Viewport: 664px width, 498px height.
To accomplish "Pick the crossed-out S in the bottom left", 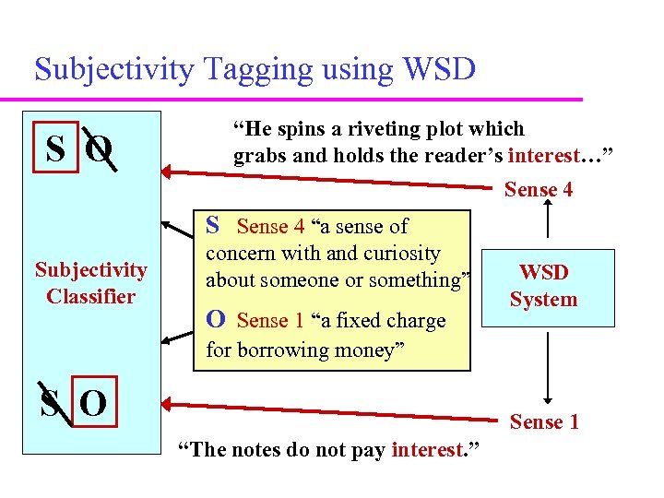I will point(52,403).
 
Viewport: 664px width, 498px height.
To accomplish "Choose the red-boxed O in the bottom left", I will point(93,404).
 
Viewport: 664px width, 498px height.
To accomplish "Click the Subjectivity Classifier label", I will point(90,283).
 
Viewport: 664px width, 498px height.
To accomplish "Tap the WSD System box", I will point(544,287).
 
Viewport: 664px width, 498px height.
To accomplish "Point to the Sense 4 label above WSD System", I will point(539,190).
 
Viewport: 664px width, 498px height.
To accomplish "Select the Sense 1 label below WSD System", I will point(544,422).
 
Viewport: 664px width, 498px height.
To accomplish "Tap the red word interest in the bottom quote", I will point(427,450).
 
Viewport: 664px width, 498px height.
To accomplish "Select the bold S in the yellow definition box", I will point(212,225).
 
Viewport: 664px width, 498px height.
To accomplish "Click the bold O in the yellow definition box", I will point(215,320).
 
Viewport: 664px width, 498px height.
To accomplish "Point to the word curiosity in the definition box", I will point(402,253).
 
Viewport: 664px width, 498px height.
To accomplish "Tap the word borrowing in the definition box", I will point(284,350).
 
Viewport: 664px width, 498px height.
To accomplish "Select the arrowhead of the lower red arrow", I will point(168,402).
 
